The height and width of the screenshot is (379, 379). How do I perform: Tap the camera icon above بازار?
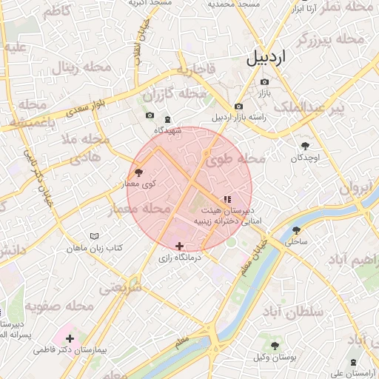[265, 81]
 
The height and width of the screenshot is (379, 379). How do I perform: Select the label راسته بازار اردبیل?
[238, 117]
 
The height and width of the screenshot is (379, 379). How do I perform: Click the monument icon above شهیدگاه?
[167, 119]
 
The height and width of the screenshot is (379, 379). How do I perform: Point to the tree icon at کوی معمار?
[140, 172]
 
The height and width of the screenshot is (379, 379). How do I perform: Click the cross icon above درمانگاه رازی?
[179, 246]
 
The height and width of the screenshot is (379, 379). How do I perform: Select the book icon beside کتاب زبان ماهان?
[93, 235]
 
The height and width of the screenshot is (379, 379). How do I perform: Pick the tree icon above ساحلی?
[297, 230]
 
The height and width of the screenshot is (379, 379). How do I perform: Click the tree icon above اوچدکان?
[305, 146]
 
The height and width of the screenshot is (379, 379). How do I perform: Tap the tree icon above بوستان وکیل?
[275, 346]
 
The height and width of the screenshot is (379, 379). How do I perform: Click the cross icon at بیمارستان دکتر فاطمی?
[69, 338]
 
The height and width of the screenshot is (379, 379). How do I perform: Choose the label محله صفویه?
[60, 306]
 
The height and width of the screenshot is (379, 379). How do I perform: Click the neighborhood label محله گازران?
[172, 95]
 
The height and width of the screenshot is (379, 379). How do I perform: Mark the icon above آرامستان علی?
[353, 361]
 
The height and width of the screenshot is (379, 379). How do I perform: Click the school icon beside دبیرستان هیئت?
[227, 198]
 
